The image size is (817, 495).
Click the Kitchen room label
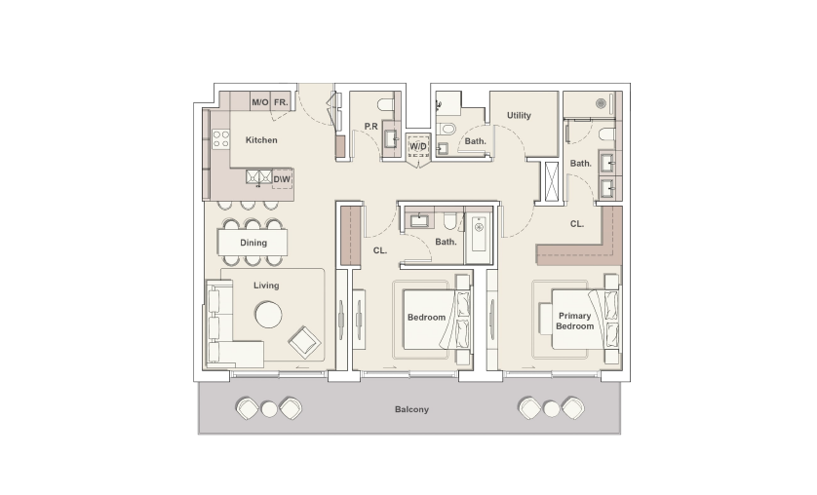coord(261,140)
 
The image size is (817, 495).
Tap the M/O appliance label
coord(260,102)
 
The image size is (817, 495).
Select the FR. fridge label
coord(281,102)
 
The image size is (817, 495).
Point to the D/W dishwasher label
coord(281,179)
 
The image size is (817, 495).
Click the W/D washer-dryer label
coord(417,147)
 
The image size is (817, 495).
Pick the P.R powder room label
coord(370,127)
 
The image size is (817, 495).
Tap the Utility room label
coord(519,116)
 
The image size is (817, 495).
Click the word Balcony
coord(411,409)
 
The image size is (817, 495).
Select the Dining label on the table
coord(253,243)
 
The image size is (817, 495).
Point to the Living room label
coord(266,286)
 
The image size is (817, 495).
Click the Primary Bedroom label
coord(575,322)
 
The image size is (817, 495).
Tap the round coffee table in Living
coord(267,315)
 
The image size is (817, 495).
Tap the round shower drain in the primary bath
coord(602,100)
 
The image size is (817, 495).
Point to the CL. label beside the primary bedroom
coord(577,224)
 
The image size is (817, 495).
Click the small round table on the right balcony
coord(552,408)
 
